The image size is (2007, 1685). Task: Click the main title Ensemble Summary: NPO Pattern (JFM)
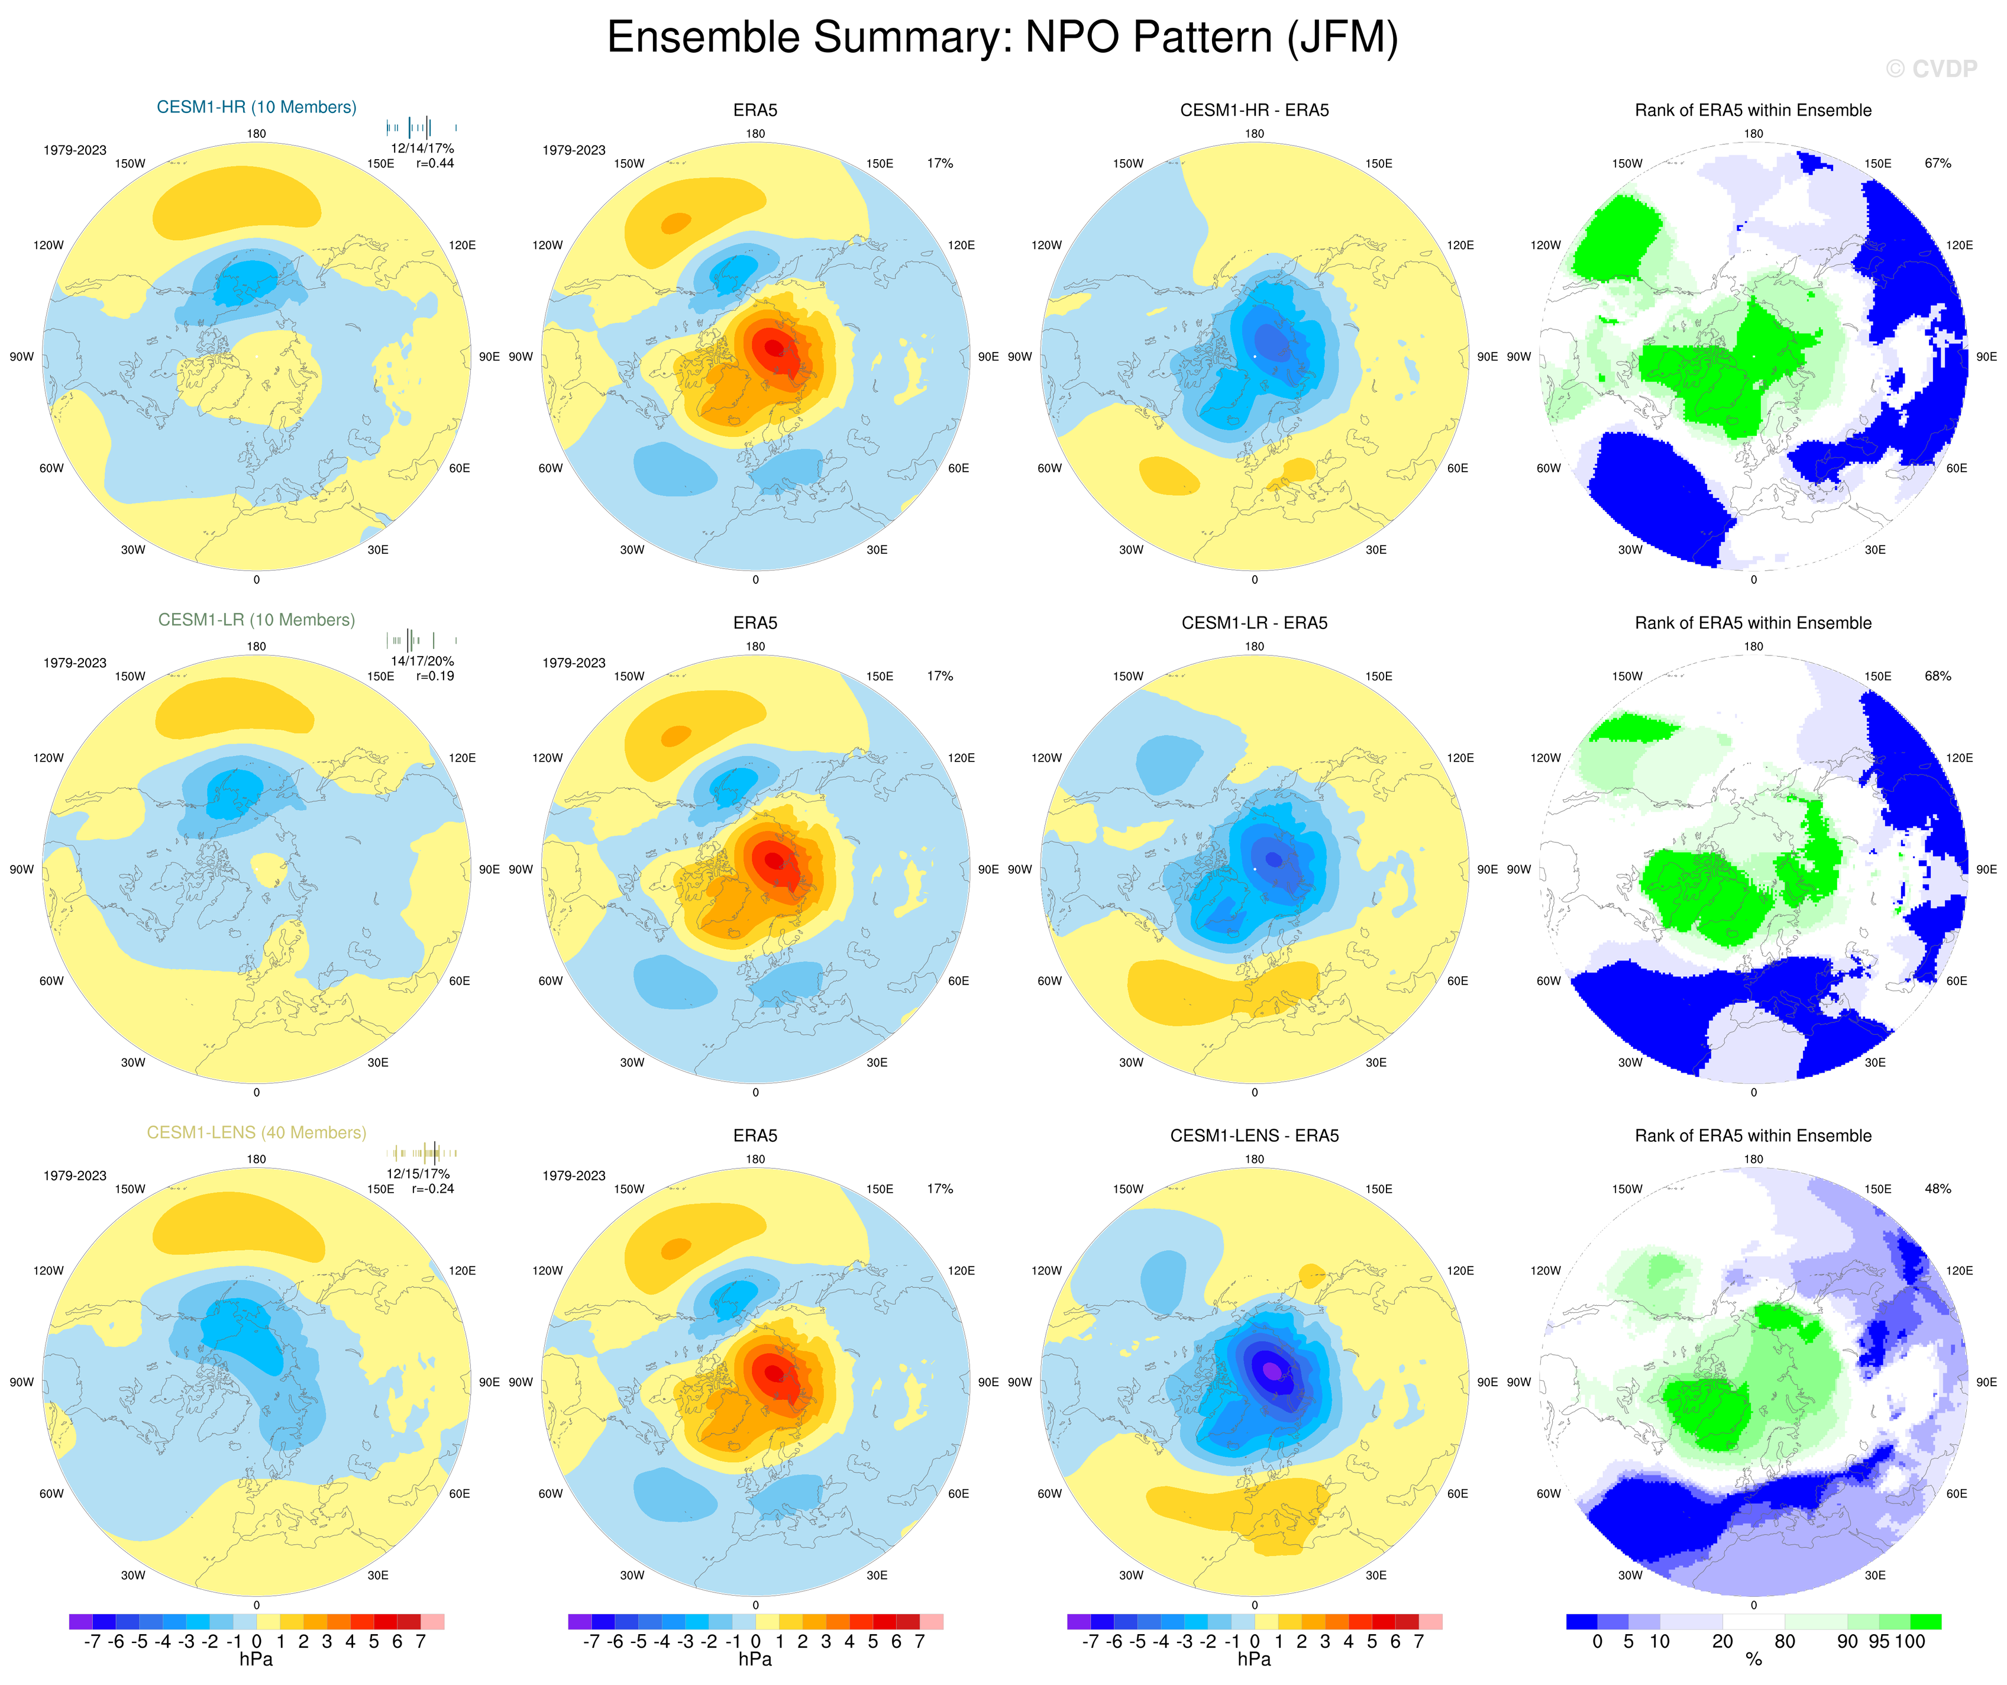coord(1003,38)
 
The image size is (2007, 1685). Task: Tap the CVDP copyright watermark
coord(1931,69)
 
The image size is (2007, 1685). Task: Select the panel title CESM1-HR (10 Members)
coord(256,107)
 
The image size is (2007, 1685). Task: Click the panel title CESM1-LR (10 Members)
coord(256,619)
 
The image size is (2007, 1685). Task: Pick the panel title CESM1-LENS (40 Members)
coord(256,1132)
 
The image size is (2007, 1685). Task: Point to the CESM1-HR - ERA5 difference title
coord(1254,110)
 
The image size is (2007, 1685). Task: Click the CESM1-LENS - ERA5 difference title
coord(1254,1135)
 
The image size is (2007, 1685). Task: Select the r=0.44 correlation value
coord(435,163)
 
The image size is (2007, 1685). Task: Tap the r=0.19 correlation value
coord(435,676)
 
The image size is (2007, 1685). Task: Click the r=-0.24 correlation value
coord(433,1189)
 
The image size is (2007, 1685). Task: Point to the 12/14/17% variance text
coord(422,148)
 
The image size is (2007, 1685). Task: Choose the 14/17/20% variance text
coord(422,660)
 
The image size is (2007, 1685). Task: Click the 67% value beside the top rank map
coord(1937,163)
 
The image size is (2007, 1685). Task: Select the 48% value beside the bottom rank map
coord(1937,1189)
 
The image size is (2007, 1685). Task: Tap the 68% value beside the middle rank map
coord(1937,676)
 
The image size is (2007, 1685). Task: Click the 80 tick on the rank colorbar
coord(1785,1641)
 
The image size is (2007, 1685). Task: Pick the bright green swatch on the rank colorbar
coord(1925,1621)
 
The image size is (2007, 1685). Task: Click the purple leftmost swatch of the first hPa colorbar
coord(80,1621)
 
